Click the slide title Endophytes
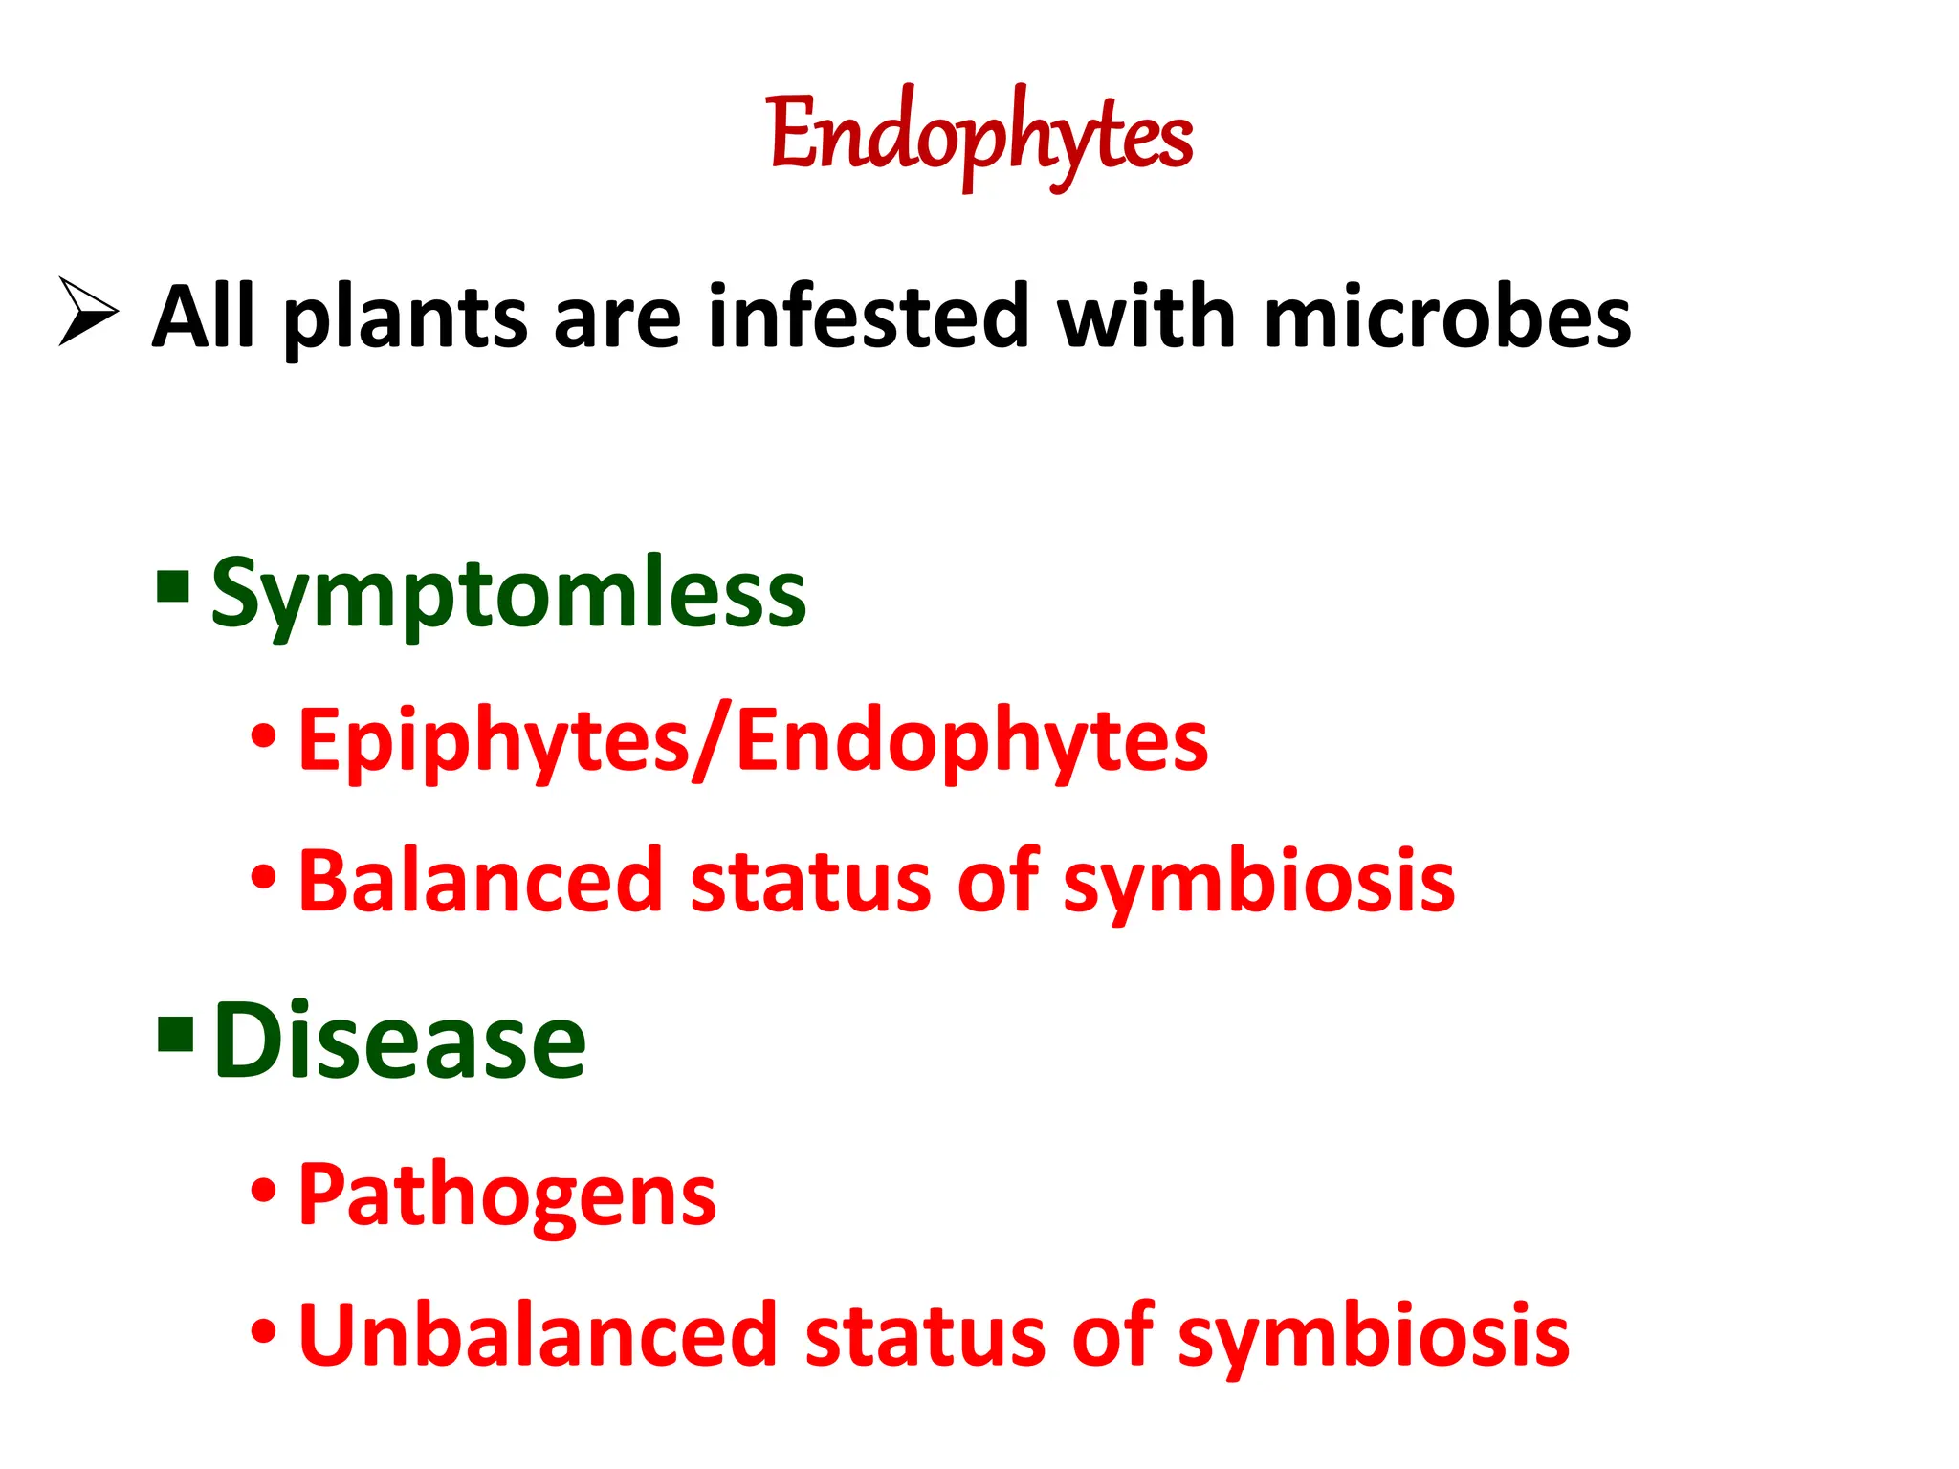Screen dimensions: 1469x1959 click(980, 137)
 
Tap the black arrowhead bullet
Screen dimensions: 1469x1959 click(87, 311)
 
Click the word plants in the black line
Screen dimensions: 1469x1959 click(406, 318)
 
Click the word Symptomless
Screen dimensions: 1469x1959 click(508, 595)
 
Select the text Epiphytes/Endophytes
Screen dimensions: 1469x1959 click(753, 741)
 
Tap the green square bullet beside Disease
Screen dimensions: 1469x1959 click(176, 1034)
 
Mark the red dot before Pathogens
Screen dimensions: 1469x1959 click(264, 1192)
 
